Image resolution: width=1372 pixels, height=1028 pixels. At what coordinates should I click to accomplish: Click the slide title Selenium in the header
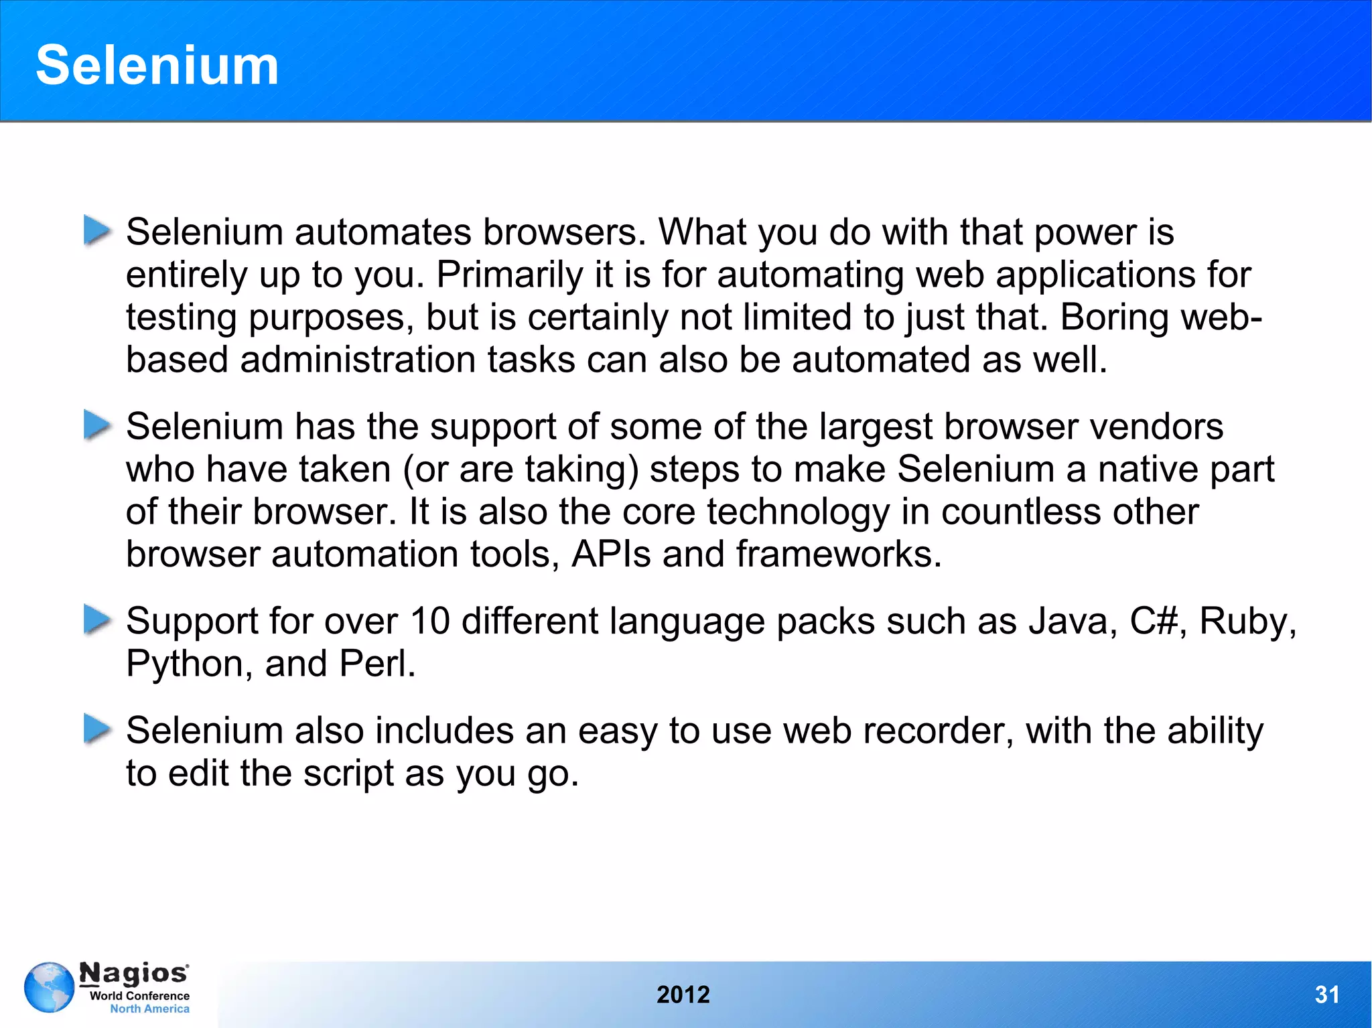(157, 65)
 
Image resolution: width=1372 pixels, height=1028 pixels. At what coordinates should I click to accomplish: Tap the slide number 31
(1326, 994)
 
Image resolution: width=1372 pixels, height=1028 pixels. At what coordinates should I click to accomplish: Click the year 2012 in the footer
(683, 994)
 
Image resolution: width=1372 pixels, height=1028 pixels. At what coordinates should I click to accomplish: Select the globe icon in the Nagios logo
(49, 987)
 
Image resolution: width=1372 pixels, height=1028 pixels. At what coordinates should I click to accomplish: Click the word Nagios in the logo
(133, 973)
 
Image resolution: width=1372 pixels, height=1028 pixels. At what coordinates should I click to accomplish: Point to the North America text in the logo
(149, 1009)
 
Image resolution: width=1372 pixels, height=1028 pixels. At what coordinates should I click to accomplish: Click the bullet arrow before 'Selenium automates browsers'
(97, 230)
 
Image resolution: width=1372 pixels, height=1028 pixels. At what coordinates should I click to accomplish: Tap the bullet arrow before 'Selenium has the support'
(97, 425)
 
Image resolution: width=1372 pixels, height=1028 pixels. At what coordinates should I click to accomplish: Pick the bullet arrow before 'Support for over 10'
(97, 619)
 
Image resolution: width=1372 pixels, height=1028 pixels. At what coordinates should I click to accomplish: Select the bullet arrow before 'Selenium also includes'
(97, 729)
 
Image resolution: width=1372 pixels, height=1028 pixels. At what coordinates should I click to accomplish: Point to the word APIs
(610, 555)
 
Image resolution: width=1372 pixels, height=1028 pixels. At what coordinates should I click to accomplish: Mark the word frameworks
(838, 555)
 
